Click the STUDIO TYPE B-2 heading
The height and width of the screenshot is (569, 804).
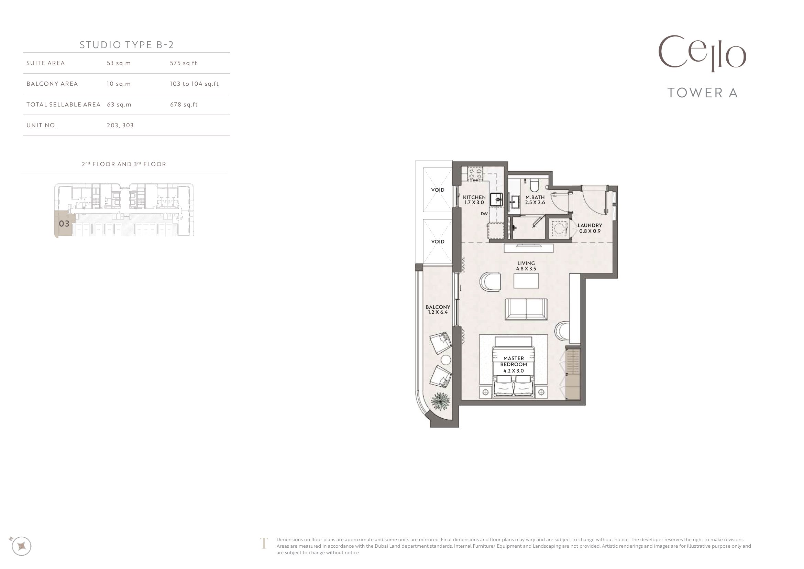pyautogui.click(x=127, y=45)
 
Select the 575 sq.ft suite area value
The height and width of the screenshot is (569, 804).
pyautogui.click(x=184, y=63)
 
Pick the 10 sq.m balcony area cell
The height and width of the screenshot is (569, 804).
pyautogui.click(x=119, y=84)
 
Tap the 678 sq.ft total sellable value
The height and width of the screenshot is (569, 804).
pyautogui.click(x=184, y=105)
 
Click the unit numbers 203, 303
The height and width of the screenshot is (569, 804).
pyautogui.click(x=120, y=125)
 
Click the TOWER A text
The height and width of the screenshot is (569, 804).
pyautogui.click(x=703, y=93)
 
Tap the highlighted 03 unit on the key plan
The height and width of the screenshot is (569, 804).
pyautogui.click(x=64, y=224)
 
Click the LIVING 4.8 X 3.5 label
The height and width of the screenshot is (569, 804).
pyautogui.click(x=526, y=266)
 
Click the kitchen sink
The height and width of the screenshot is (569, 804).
pyautogui.click(x=496, y=200)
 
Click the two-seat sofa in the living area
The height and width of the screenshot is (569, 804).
pyautogui.click(x=526, y=309)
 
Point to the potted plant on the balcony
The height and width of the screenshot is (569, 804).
pyautogui.click(x=440, y=401)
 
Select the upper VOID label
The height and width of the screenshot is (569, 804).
pyautogui.click(x=438, y=190)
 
